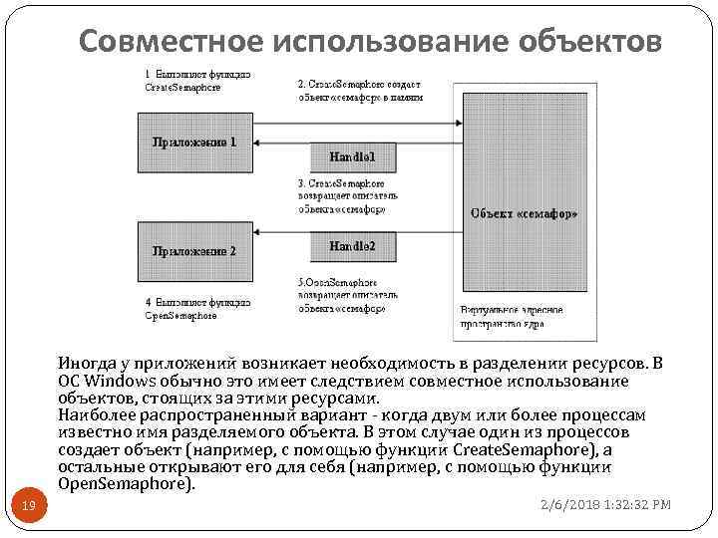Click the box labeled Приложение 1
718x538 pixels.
[x=194, y=141]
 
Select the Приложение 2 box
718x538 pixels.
[x=194, y=251]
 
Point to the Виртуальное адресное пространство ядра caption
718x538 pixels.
[x=512, y=317]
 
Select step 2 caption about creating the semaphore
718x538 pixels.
[x=360, y=90]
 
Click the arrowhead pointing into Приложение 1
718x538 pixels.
[x=257, y=143]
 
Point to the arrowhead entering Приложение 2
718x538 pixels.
[x=257, y=232]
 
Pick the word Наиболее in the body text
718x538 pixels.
[x=96, y=414]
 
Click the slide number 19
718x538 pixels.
[x=30, y=508]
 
